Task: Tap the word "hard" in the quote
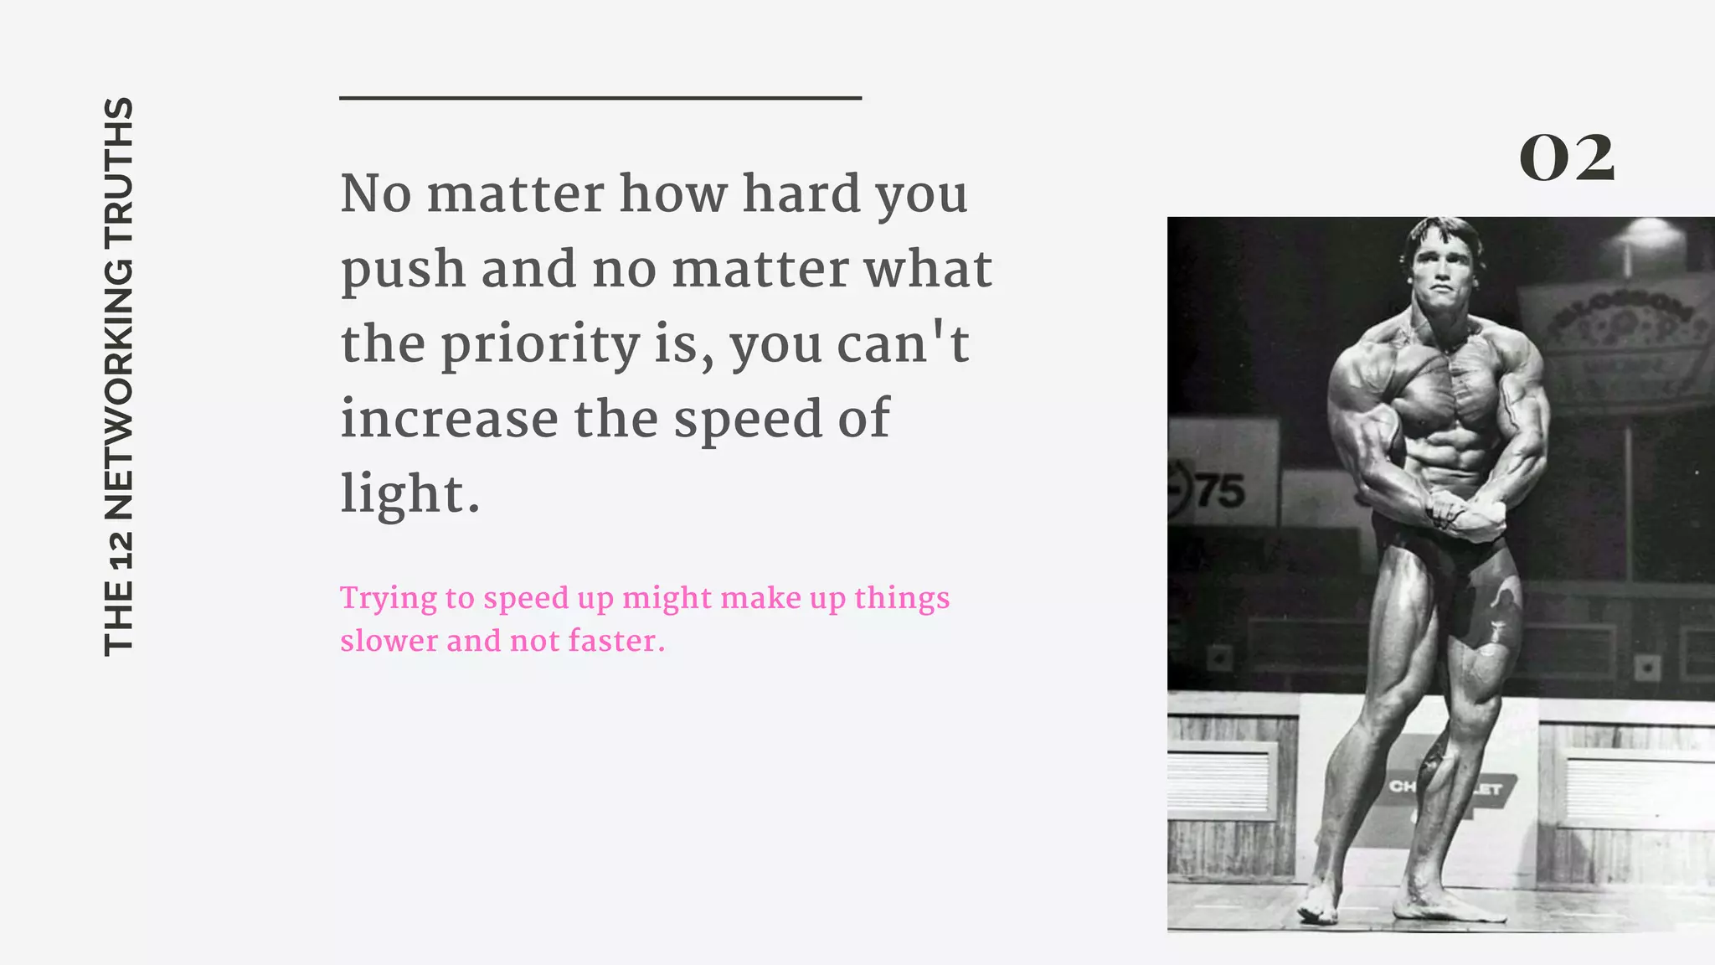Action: coord(801,194)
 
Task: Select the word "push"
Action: coord(403,270)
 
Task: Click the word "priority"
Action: coord(540,345)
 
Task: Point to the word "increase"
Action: coord(449,419)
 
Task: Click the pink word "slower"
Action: coord(389,641)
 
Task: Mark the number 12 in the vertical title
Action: coord(118,548)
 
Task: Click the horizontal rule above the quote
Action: coord(600,98)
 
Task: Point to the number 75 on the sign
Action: coord(1219,492)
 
